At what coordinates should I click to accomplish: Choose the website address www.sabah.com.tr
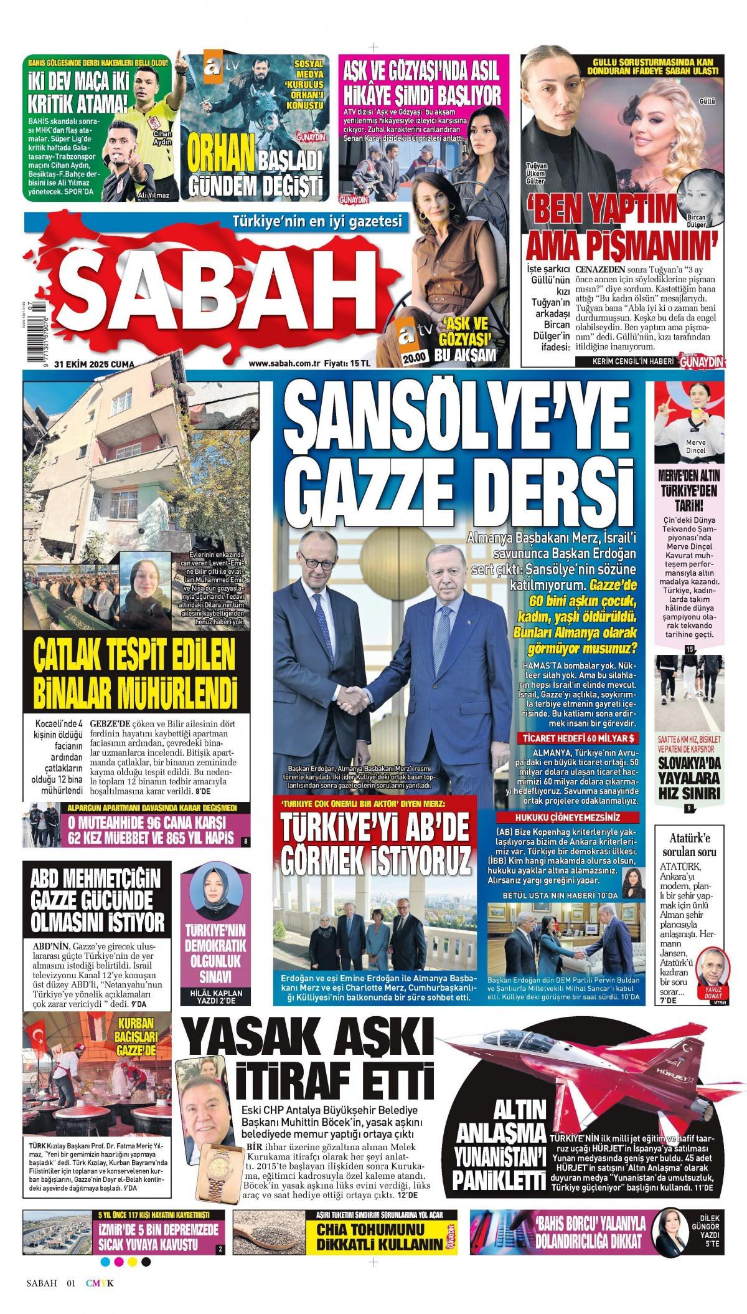coord(284,364)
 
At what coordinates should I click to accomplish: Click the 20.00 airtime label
coord(413,357)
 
